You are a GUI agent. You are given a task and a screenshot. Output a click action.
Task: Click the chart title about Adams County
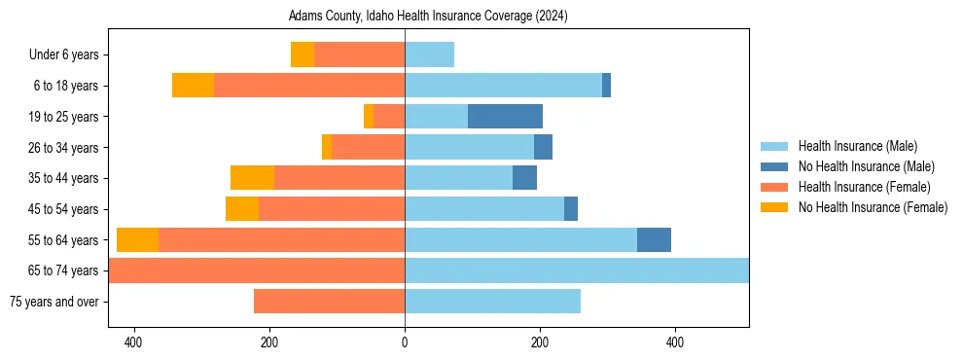point(428,17)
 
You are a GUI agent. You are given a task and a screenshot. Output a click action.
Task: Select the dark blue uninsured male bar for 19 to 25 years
point(505,117)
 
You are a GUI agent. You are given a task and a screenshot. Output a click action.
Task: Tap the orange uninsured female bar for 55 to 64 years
point(137,240)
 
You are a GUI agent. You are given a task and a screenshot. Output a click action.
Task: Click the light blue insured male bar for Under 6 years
point(429,55)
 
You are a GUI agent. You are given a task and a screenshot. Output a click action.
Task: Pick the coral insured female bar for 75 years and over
point(329,302)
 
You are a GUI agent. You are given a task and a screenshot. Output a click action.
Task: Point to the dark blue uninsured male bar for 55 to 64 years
point(654,240)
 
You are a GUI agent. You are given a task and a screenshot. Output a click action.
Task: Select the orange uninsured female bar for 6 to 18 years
point(193,86)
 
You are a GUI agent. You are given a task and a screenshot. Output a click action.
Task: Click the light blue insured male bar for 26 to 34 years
point(469,148)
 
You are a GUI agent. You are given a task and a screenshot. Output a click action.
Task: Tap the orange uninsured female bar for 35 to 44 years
point(252,178)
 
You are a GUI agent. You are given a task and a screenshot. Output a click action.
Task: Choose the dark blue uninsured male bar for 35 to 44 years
point(524,178)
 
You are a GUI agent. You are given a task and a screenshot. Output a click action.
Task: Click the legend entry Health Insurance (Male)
point(857,146)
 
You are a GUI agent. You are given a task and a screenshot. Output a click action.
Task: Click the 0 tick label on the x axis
point(405,343)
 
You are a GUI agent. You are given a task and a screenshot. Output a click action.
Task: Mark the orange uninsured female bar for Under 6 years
point(303,55)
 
